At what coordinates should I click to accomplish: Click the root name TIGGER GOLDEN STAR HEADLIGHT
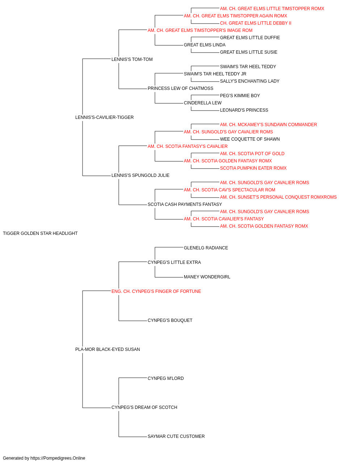pos(40,233)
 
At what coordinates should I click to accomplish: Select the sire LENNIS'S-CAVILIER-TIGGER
pos(105,117)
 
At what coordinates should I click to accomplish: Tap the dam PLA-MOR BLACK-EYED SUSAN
pos(108,349)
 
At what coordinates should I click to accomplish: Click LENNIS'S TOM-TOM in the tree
pos(132,59)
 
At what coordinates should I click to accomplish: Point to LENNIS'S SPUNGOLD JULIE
pos(140,175)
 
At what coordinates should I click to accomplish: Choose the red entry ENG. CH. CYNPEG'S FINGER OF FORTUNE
pos(156,291)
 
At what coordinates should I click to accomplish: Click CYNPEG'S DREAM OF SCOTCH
pos(144,407)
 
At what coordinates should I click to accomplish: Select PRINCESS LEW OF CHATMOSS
pos(180,88)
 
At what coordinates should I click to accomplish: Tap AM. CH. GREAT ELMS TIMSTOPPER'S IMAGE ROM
pos(200,30)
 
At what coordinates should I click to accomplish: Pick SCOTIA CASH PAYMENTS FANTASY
pos(185,204)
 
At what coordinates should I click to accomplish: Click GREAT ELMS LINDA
pos(205,45)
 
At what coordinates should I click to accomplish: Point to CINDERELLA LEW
pos(203,103)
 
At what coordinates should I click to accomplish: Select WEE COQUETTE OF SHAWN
pos(250,139)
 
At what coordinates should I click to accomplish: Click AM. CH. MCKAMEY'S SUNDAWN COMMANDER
pos(268,125)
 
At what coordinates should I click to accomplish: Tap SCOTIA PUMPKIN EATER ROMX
pos(253,168)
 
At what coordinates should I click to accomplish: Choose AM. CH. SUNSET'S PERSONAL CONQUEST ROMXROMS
pos(278,197)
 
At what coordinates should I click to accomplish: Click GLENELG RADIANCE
pos(206,248)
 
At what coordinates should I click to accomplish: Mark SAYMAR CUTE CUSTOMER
pos(176,436)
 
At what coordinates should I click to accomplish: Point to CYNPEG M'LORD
pos(166,378)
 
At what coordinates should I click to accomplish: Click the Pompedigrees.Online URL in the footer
pos(58,458)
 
